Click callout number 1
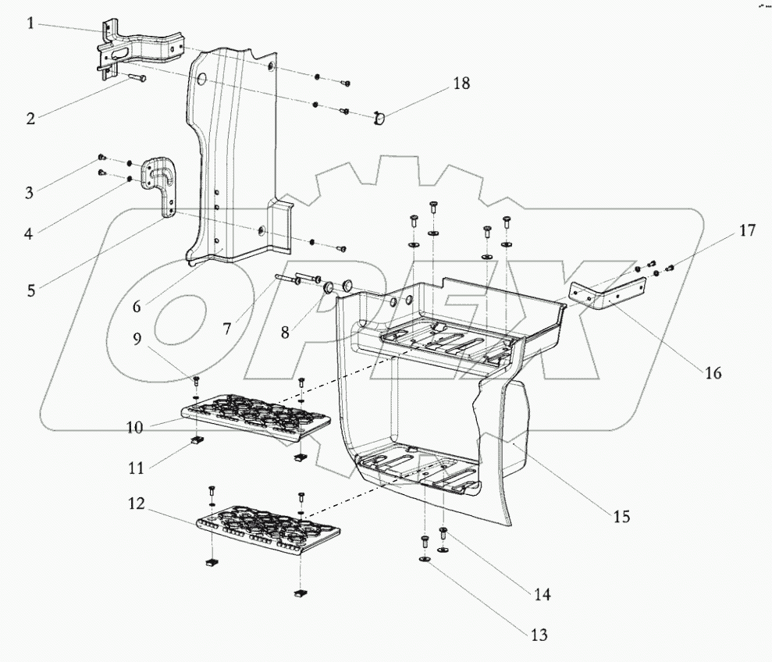(x=30, y=23)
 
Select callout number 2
(x=30, y=119)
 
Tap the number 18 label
(x=461, y=84)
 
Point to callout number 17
(x=747, y=230)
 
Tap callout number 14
(x=542, y=595)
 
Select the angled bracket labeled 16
(x=605, y=299)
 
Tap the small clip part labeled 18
(x=379, y=118)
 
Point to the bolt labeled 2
(x=133, y=79)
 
